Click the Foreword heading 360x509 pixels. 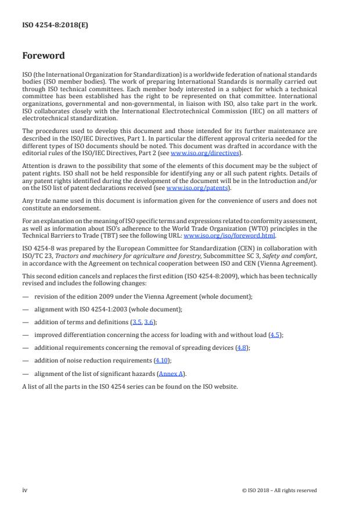[x=44, y=56]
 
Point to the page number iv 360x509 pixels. [x=25, y=490]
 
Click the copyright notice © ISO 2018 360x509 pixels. [x=279, y=490]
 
